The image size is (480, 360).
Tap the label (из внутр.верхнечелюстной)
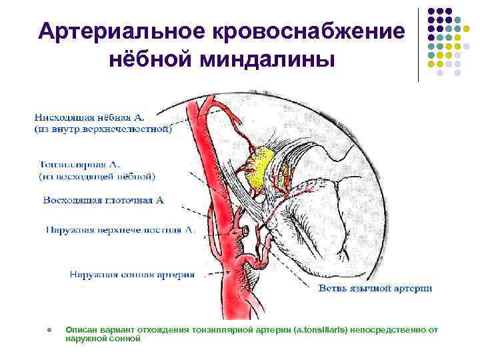click(x=103, y=130)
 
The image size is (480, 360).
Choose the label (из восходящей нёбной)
click(x=97, y=177)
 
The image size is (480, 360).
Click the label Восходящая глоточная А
click(x=103, y=199)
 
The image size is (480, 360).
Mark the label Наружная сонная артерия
click(x=133, y=273)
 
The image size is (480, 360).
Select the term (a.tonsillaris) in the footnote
click(x=321, y=330)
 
